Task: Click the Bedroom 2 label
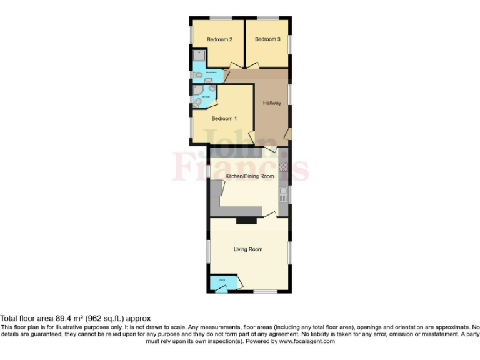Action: coord(219,39)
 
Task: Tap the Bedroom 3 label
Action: coord(267,39)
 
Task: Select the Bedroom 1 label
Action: coord(224,119)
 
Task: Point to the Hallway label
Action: coord(272,103)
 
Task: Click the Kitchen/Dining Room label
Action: coord(250,177)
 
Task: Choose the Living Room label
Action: coord(248,249)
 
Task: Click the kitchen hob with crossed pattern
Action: coord(283,167)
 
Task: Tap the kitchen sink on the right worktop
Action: coord(283,191)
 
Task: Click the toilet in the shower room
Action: coord(197,76)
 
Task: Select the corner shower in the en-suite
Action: coord(198,100)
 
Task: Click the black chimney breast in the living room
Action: coord(246,220)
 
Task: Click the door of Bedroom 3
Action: coord(252,64)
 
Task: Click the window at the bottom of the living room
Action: coord(265,291)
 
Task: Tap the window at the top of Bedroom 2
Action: coord(220,17)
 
